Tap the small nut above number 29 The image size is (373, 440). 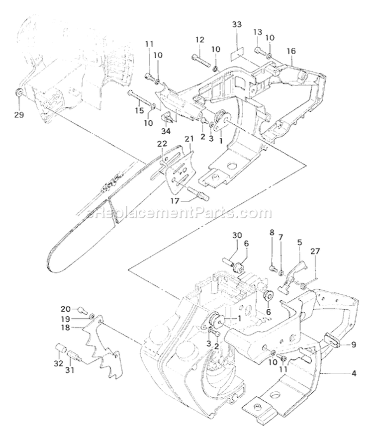18,93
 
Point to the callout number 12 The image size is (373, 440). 199,40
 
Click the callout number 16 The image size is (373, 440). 291,51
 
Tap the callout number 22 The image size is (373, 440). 162,144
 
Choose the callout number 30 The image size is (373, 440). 236,235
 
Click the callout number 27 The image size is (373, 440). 315,251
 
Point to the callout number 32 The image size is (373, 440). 58,363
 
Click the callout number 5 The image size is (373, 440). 299,243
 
